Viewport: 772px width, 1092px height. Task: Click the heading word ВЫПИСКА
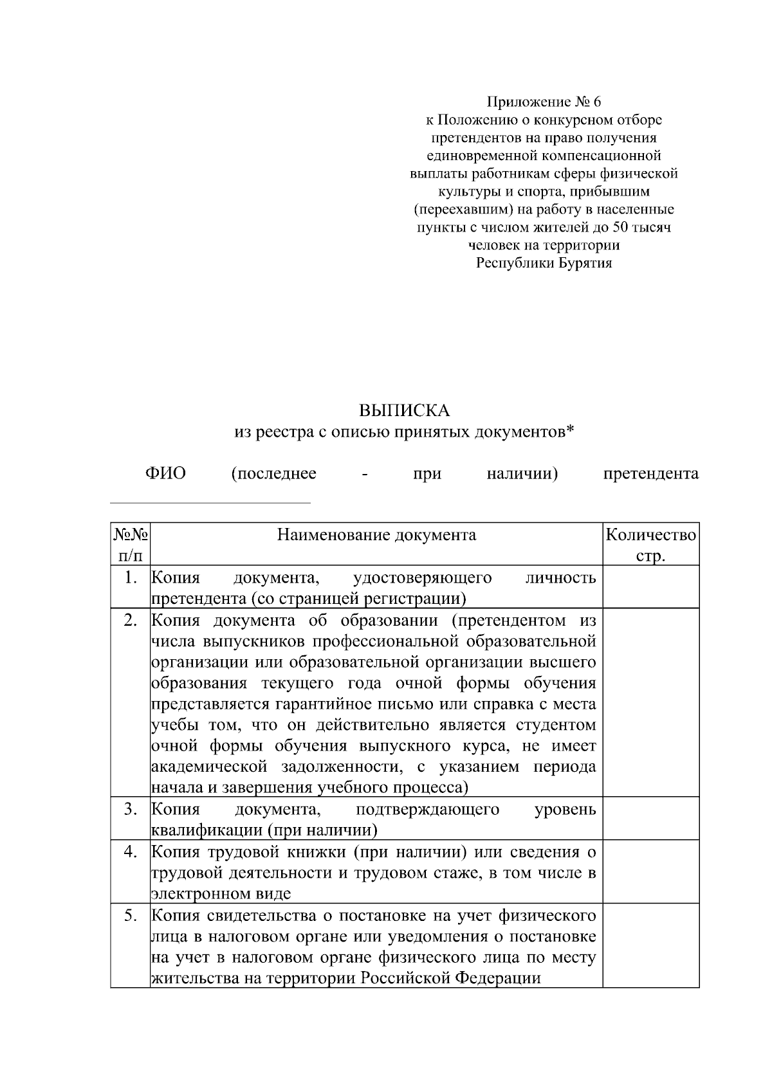(x=404, y=410)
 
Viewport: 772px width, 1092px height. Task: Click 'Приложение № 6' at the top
(x=543, y=102)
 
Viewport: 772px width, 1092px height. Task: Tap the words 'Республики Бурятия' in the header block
(x=544, y=263)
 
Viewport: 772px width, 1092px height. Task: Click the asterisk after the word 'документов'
(x=569, y=432)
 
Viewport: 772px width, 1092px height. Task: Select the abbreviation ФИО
(x=165, y=474)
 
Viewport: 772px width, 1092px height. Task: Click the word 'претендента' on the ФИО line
(x=650, y=474)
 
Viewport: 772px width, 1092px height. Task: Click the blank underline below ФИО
(x=210, y=502)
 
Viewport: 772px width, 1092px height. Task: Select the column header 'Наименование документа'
(x=376, y=535)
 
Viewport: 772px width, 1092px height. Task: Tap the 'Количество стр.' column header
(x=650, y=544)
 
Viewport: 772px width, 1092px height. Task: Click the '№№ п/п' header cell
(x=131, y=544)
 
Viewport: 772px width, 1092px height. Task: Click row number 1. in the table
(x=131, y=578)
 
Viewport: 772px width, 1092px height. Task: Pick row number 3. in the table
(x=131, y=809)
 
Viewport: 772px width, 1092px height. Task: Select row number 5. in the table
(x=131, y=915)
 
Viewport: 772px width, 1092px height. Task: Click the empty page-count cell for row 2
(x=650, y=702)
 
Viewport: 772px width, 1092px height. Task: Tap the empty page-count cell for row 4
(x=650, y=871)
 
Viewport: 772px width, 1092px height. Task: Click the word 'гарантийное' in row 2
(x=317, y=704)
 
